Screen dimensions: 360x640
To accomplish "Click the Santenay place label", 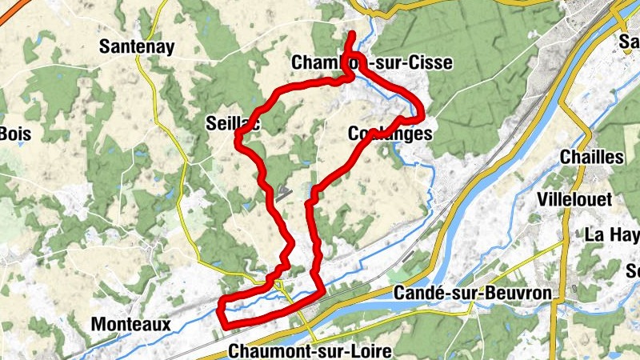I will pos(137,47).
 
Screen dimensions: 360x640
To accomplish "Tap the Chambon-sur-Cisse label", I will pos(373,62).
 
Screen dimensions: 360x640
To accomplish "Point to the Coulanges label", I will pos(390,134).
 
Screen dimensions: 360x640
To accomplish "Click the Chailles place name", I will pos(592,157).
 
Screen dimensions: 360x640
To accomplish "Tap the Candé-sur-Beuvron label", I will pos(474,294).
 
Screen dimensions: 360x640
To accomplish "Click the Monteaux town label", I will pos(130,325).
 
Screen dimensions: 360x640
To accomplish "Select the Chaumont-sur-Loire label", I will pos(310,351).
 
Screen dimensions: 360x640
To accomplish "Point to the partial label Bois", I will pos(14,133).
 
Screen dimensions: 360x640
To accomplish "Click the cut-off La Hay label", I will pos(613,234).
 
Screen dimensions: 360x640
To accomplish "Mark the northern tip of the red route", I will pos(353,33).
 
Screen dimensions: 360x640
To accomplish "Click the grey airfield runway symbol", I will pos(283,191).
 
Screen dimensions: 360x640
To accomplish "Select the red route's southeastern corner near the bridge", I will pos(322,290).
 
